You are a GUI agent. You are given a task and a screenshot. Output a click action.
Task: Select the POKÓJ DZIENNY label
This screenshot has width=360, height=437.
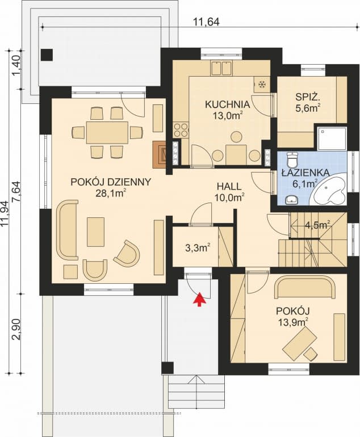tap(110, 182)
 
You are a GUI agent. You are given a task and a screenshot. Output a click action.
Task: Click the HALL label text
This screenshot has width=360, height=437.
tap(229, 186)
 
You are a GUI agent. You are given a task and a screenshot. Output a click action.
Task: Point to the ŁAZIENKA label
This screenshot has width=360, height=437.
tap(305, 173)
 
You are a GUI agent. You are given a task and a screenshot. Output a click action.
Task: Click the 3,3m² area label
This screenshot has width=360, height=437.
tap(196, 247)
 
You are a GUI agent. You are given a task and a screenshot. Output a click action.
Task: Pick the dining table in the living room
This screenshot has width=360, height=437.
tap(107, 132)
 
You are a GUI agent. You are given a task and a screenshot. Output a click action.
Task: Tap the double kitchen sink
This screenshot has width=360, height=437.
tap(221, 68)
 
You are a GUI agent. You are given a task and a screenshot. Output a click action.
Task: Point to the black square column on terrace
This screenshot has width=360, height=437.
tap(47, 54)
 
